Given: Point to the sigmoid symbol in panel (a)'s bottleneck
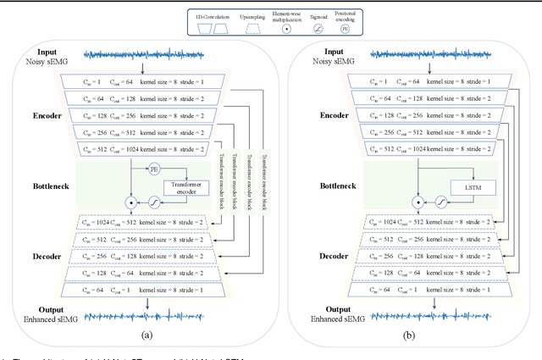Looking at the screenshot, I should pyautogui.click(x=154, y=203).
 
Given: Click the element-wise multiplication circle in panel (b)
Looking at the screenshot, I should pyautogui.click(x=418, y=203).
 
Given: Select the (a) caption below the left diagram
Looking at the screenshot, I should pyautogui.click(x=147, y=335).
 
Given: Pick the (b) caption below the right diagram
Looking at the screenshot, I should pyautogui.click(x=430, y=335).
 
